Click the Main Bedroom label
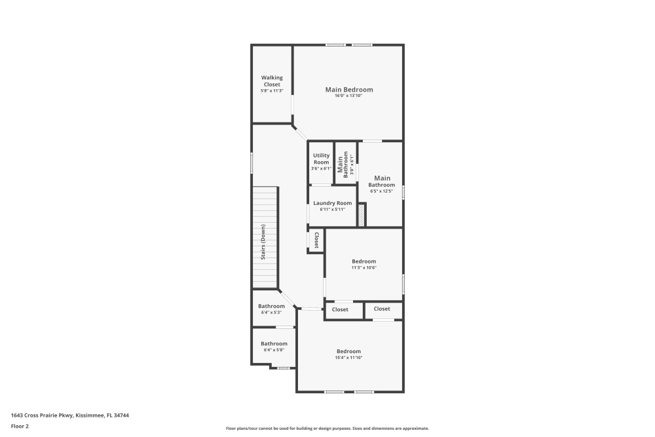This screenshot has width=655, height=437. [x=349, y=89]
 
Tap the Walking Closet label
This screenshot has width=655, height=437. [x=272, y=81]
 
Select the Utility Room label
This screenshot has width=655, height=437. [x=321, y=159]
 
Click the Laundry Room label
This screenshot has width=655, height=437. [x=332, y=203]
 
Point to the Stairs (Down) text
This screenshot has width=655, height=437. [x=263, y=242]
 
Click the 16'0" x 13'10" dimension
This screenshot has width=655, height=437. [x=348, y=96]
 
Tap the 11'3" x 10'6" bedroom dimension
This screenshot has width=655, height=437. [x=364, y=267]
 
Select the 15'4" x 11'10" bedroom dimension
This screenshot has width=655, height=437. [x=348, y=358]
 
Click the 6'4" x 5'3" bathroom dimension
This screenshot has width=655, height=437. [x=271, y=313]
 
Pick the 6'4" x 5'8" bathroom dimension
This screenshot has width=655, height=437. [x=274, y=350]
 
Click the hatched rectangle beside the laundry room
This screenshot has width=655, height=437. [x=360, y=216]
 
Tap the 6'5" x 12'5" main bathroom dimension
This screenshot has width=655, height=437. [x=382, y=191]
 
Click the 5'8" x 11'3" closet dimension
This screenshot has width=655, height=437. [x=272, y=90]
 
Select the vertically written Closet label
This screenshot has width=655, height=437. [x=316, y=240]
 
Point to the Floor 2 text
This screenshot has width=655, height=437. [x=20, y=426]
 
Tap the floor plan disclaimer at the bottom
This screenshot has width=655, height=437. [x=327, y=428]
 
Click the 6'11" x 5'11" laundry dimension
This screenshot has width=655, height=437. [x=332, y=210]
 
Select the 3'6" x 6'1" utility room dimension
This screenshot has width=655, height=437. [x=321, y=168]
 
